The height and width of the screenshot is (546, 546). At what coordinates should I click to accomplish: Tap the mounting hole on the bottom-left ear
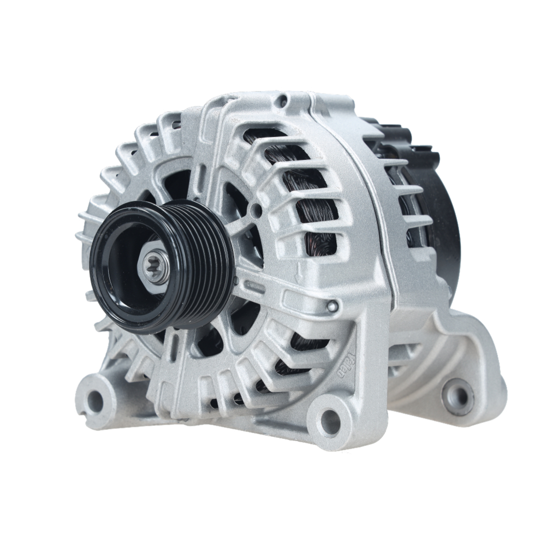tap(95, 401)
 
